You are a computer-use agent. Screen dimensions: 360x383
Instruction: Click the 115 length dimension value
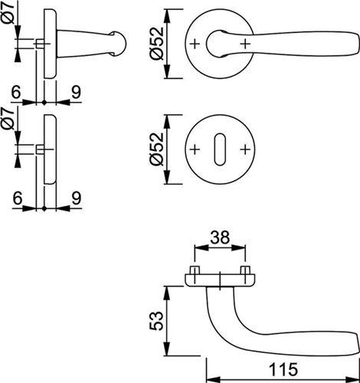tap(283, 369)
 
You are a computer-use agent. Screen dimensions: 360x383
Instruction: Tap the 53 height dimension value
tap(156, 321)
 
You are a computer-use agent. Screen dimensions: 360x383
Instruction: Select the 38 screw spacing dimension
tap(220, 237)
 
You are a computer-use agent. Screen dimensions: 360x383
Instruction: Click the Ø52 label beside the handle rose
tap(156, 44)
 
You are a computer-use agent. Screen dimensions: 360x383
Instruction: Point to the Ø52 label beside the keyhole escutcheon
tap(156, 149)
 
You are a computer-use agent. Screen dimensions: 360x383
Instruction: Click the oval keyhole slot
tap(220, 149)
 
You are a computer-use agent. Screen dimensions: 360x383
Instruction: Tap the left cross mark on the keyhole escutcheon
tap(195, 149)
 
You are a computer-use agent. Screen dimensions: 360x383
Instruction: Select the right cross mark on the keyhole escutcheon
tap(244, 149)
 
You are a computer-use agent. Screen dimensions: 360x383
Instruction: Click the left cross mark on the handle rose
tap(195, 44)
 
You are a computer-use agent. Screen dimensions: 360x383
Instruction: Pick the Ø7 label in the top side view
tap(9, 13)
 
